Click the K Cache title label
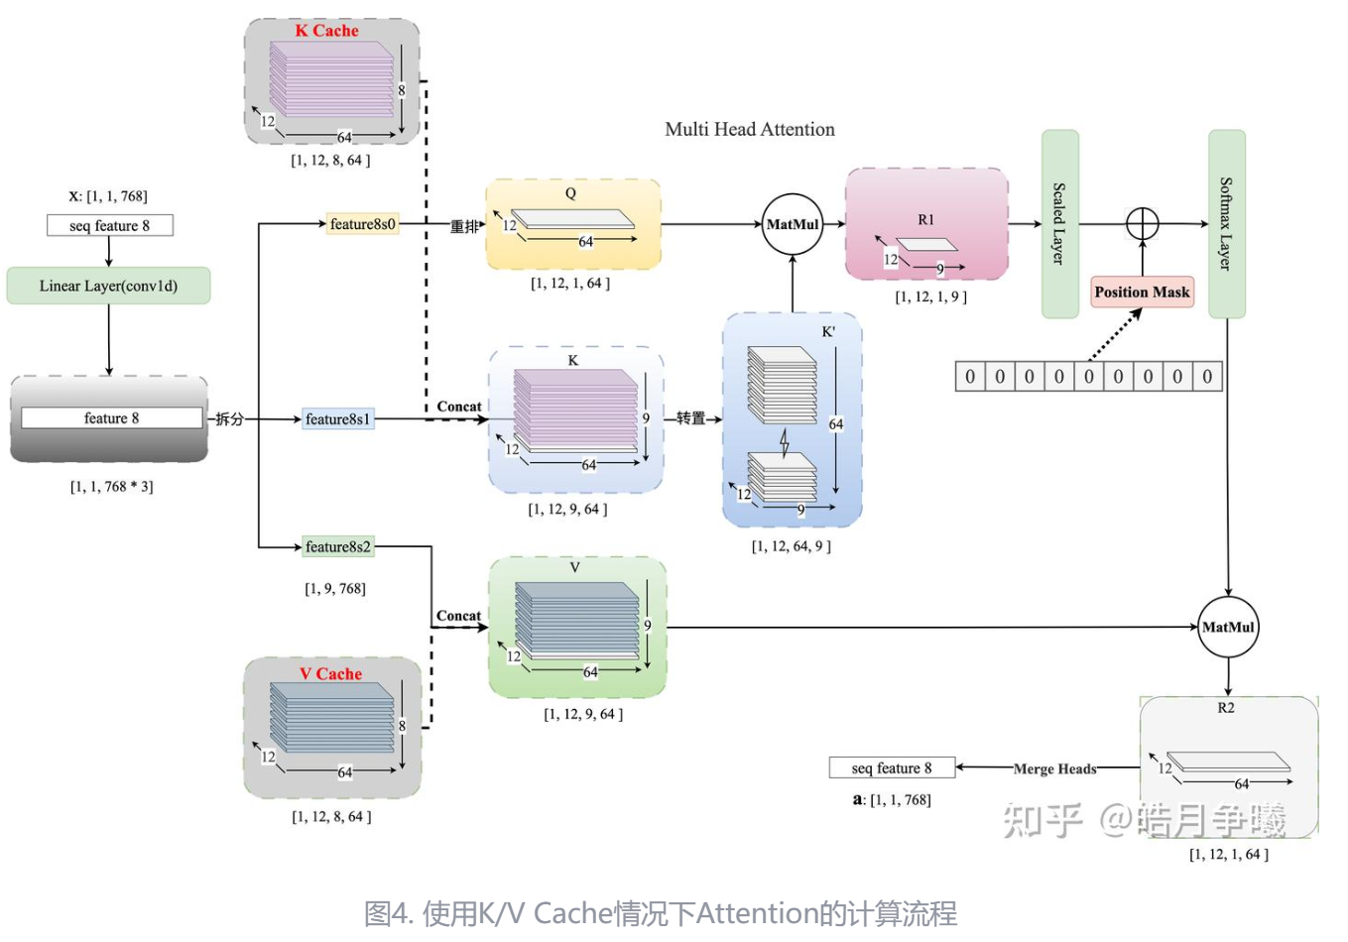pos(326,31)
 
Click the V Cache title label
pos(330,674)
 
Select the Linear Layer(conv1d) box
pos(108,286)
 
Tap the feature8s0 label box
pos(363,224)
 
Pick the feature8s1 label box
pos(337,419)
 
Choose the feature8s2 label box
pos(337,546)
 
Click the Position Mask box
pos(1142,293)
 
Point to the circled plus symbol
pos(1143,223)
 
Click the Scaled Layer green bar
pos(1059,224)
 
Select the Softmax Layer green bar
pos(1226,224)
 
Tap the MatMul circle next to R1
pos(793,224)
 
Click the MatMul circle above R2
pos(1228,627)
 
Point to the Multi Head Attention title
pos(750,129)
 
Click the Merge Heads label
pos(1054,768)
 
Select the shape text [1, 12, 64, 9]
pos(792,546)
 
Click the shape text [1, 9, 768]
pos(335,588)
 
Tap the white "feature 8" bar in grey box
pos(111,418)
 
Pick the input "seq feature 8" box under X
pos(110,226)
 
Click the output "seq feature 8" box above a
pos(892,767)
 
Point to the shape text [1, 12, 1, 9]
pos(930,296)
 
